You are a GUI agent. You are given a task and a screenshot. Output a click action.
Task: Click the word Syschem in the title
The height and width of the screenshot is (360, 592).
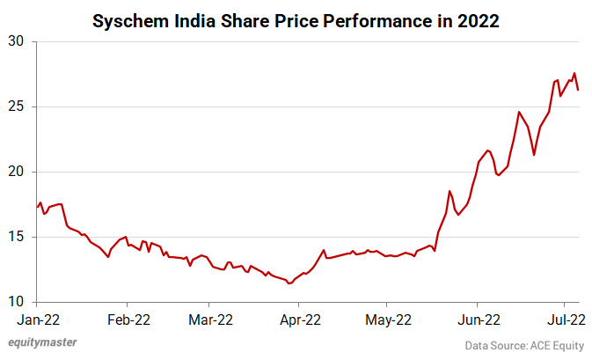131,20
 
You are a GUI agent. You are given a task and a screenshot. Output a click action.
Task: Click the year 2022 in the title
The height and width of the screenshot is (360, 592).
478,20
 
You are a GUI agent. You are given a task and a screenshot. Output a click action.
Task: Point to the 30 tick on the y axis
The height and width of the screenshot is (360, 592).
18,42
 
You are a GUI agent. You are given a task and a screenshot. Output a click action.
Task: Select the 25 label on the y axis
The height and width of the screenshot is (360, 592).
18,107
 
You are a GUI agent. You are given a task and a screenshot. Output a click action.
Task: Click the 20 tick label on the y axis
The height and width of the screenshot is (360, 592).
18,173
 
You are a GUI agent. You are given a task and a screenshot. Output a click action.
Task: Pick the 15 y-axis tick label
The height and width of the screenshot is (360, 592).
18,238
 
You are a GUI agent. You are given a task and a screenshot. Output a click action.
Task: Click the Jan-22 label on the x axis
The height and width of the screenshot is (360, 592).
37,321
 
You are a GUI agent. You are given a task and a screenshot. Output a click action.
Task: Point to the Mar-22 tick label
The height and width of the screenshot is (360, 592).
211,321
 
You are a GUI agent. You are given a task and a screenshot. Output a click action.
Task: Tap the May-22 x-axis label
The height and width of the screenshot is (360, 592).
387,321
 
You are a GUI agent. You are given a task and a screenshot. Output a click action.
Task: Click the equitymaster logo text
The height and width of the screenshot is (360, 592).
43,344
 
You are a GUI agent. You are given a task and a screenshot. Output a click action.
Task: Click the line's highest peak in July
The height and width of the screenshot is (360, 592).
574,73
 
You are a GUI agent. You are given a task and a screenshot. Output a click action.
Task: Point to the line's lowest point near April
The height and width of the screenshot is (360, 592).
289,283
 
